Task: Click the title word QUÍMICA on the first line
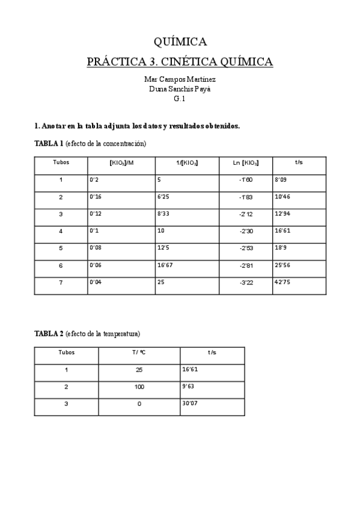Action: pyautogui.click(x=180, y=41)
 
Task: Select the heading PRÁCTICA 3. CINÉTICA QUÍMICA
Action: pyautogui.click(x=180, y=61)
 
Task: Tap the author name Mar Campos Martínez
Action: pyautogui.click(x=180, y=79)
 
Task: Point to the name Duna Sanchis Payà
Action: pyautogui.click(x=180, y=88)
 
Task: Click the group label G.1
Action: pyautogui.click(x=180, y=99)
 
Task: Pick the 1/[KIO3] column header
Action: pyautogui.click(x=187, y=163)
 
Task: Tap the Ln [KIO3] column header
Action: pyautogui.click(x=246, y=163)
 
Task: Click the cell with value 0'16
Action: pyautogui.click(x=96, y=197)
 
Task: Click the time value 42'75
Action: pyautogui.click(x=282, y=282)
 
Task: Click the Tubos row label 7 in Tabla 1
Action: pyautogui.click(x=61, y=283)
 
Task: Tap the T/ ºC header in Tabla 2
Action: pyautogui.click(x=139, y=352)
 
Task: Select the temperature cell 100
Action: pyautogui.click(x=139, y=387)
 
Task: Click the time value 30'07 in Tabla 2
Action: pyautogui.click(x=190, y=404)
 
